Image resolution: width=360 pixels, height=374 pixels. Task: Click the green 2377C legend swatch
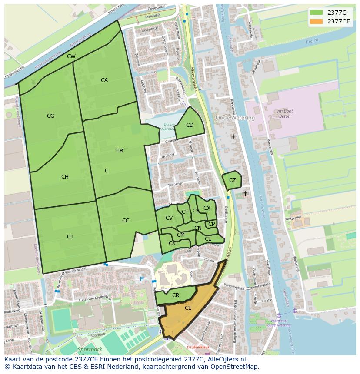316,12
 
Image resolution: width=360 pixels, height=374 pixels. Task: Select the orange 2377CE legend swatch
316,21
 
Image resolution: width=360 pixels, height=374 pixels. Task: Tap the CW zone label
71,56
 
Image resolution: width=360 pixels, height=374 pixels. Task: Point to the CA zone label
104,80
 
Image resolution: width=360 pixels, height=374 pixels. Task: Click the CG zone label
51,116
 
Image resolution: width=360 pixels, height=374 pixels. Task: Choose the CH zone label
65,177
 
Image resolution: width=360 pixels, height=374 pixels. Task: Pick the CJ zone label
70,237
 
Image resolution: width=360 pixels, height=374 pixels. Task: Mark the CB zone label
120,151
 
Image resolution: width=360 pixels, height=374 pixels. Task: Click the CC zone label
126,221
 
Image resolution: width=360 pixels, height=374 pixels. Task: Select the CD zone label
190,125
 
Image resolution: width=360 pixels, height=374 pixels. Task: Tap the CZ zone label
233,180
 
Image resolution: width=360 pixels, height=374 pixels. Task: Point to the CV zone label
169,218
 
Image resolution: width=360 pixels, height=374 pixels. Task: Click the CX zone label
207,208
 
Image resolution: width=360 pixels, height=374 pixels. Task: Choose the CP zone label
211,224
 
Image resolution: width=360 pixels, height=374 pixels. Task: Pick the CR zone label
176,295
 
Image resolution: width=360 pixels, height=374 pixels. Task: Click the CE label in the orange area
188,308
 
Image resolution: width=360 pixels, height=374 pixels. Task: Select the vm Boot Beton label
284,114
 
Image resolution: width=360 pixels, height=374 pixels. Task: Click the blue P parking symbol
141,279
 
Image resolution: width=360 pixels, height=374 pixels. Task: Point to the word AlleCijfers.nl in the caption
226,359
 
